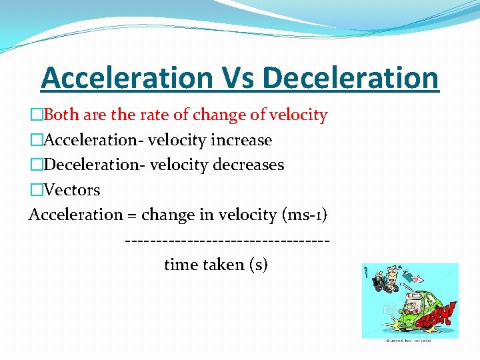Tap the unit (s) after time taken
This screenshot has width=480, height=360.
click(258, 265)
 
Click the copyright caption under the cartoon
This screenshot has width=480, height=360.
click(409, 341)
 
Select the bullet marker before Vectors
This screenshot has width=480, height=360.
click(35, 190)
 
